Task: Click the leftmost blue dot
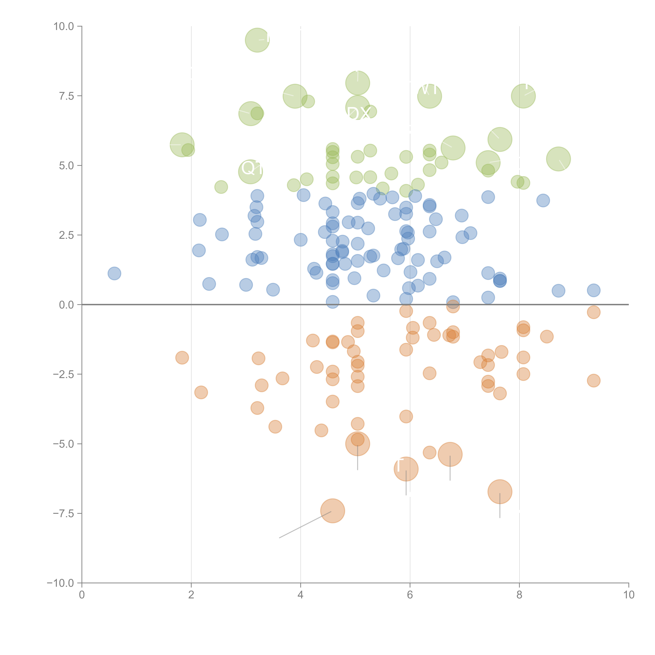tap(114, 273)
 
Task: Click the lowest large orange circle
tap(333, 511)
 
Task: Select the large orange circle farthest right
tap(500, 492)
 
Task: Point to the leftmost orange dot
tap(182, 357)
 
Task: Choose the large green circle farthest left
tap(182, 145)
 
